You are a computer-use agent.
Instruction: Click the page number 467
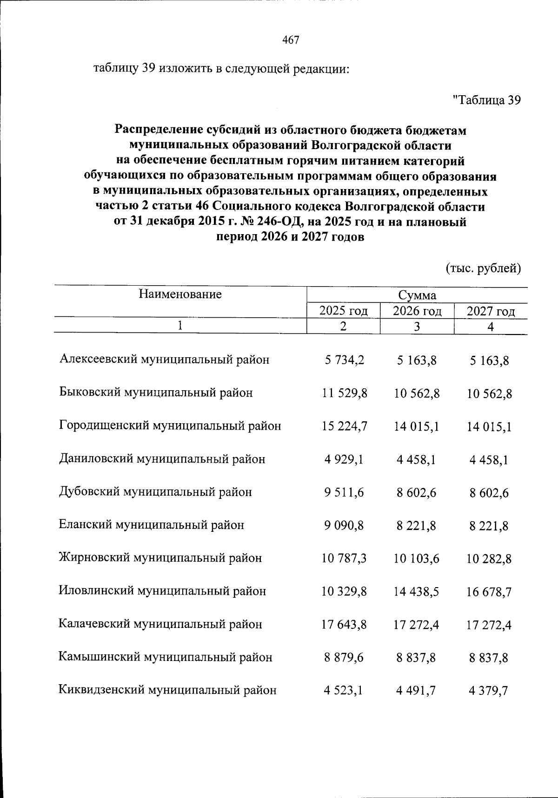tap(291, 40)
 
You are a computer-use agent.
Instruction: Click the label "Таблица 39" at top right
tap(486, 100)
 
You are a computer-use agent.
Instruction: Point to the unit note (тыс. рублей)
tap(483, 268)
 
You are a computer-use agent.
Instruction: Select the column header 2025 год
tap(344, 311)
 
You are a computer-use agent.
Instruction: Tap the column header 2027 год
tap(491, 311)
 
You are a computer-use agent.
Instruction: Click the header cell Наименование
tap(180, 294)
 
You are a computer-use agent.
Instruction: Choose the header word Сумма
tap(417, 295)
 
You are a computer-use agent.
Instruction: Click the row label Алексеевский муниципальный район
tap(164, 360)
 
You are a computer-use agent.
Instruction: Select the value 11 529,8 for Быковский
tap(344, 393)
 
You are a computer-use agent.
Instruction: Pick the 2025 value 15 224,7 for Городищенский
tap(344, 426)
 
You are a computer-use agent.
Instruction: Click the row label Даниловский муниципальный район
tap(162, 459)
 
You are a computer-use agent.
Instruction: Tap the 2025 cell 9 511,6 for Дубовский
tap(344, 492)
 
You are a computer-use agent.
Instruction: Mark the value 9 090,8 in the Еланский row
tap(344, 525)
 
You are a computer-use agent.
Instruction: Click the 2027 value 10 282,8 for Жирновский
tap(489, 559)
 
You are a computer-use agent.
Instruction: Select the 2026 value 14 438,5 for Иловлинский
tap(417, 591)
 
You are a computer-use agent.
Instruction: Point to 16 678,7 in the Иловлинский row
tap(489, 592)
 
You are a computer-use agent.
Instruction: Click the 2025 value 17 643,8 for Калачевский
tap(344, 625)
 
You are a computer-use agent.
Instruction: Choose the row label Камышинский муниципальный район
tap(166, 657)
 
